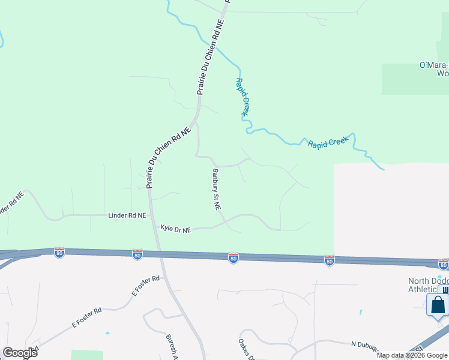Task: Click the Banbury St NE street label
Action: [x=216, y=189]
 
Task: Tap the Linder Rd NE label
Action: [x=127, y=215]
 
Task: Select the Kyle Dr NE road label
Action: [x=175, y=229]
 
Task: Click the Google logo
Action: [x=20, y=353]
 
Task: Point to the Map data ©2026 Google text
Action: [x=412, y=355]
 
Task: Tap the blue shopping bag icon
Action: [x=438, y=304]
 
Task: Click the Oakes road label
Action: [x=244, y=349]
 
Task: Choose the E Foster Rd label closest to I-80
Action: [x=146, y=286]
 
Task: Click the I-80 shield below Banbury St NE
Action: [x=234, y=257]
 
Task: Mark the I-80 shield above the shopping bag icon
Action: [x=443, y=264]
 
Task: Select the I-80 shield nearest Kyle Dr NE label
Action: [x=137, y=255]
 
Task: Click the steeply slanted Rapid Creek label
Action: [x=242, y=97]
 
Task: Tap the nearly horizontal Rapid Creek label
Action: [x=328, y=143]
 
